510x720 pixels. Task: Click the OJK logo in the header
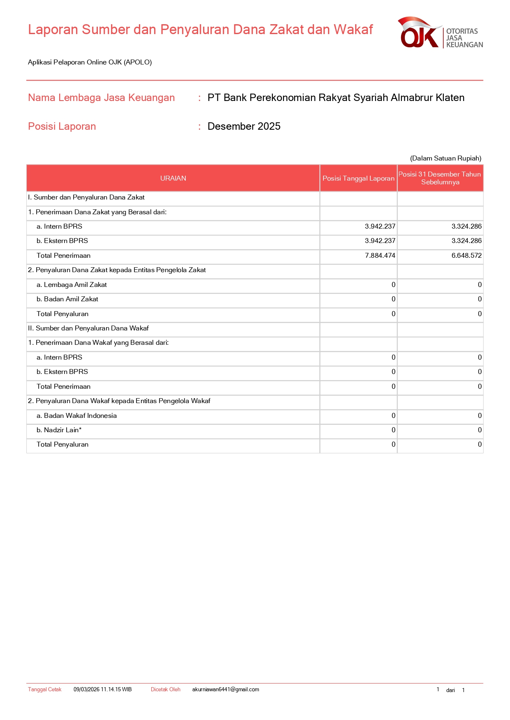[x=440, y=33]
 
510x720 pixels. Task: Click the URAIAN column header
[x=173, y=178]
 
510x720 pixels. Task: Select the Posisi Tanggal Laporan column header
[x=358, y=178]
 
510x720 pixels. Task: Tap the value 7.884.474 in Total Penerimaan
[x=380, y=255]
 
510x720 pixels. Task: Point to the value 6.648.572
[x=466, y=255]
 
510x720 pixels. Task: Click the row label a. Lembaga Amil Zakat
[x=72, y=284]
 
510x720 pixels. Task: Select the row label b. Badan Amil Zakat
[x=67, y=299]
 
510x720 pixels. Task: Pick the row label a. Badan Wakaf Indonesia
[x=76, y=415]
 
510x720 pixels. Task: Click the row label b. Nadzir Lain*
[x=59, y=430]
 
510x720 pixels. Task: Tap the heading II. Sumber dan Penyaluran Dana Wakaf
[x=88, y=328]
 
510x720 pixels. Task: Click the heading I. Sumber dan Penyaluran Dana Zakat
[x=86, y=197]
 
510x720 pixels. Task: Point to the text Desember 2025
[x=244, y=126]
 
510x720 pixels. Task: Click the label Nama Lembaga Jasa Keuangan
[x=102, y=97]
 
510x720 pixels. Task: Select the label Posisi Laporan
[x=62, y=126]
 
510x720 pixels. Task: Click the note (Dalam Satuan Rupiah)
[x=445, y=158]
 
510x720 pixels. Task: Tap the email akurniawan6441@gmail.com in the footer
[x=226, y=689]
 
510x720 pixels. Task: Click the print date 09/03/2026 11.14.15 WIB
[x=103, y=689]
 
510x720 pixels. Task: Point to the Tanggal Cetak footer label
[x=45, y=689]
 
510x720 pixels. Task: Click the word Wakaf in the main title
[x=353, y=30]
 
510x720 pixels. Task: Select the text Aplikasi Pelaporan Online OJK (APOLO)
[x=90, y=62]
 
